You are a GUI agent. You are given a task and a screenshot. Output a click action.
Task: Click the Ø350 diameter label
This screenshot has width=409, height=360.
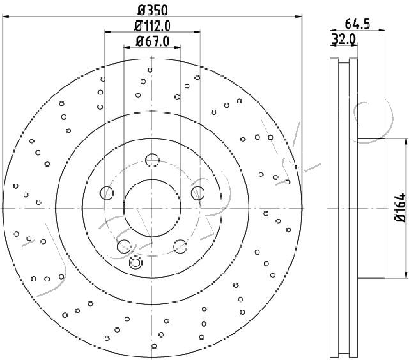coord(152,10)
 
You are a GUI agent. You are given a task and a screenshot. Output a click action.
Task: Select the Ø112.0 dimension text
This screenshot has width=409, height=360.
coord(152,26)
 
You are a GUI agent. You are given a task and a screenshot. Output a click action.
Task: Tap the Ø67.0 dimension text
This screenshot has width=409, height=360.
coord(153,41)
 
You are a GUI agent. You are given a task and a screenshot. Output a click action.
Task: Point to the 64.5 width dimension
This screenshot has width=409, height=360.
coord(357,24)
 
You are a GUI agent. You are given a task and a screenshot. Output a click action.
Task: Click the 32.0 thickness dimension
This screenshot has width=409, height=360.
coord(343,40)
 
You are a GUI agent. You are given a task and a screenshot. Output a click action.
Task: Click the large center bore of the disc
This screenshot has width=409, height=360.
coord(152,208)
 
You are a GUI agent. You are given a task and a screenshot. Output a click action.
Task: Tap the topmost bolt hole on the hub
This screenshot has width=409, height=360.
coord(152,160)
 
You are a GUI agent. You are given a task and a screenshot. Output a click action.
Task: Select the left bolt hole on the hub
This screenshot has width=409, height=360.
coord(107,193)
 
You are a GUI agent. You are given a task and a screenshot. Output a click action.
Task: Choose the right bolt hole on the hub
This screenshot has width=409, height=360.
coord(197,193)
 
